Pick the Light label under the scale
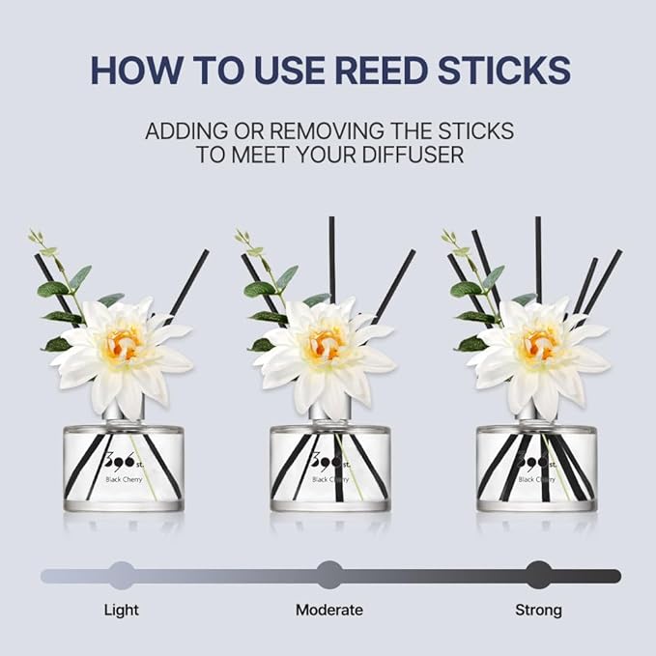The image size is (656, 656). [121, 610]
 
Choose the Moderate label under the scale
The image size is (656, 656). [329, 610]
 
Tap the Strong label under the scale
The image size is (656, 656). [538, 610]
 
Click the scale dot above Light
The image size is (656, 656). [122, 575]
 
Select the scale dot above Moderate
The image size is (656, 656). [329, 575]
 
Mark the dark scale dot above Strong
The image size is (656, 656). [539, 575]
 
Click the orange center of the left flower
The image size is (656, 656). [123, 342]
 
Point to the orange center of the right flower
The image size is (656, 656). [537, 343]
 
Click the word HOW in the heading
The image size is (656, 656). [129, 70]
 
